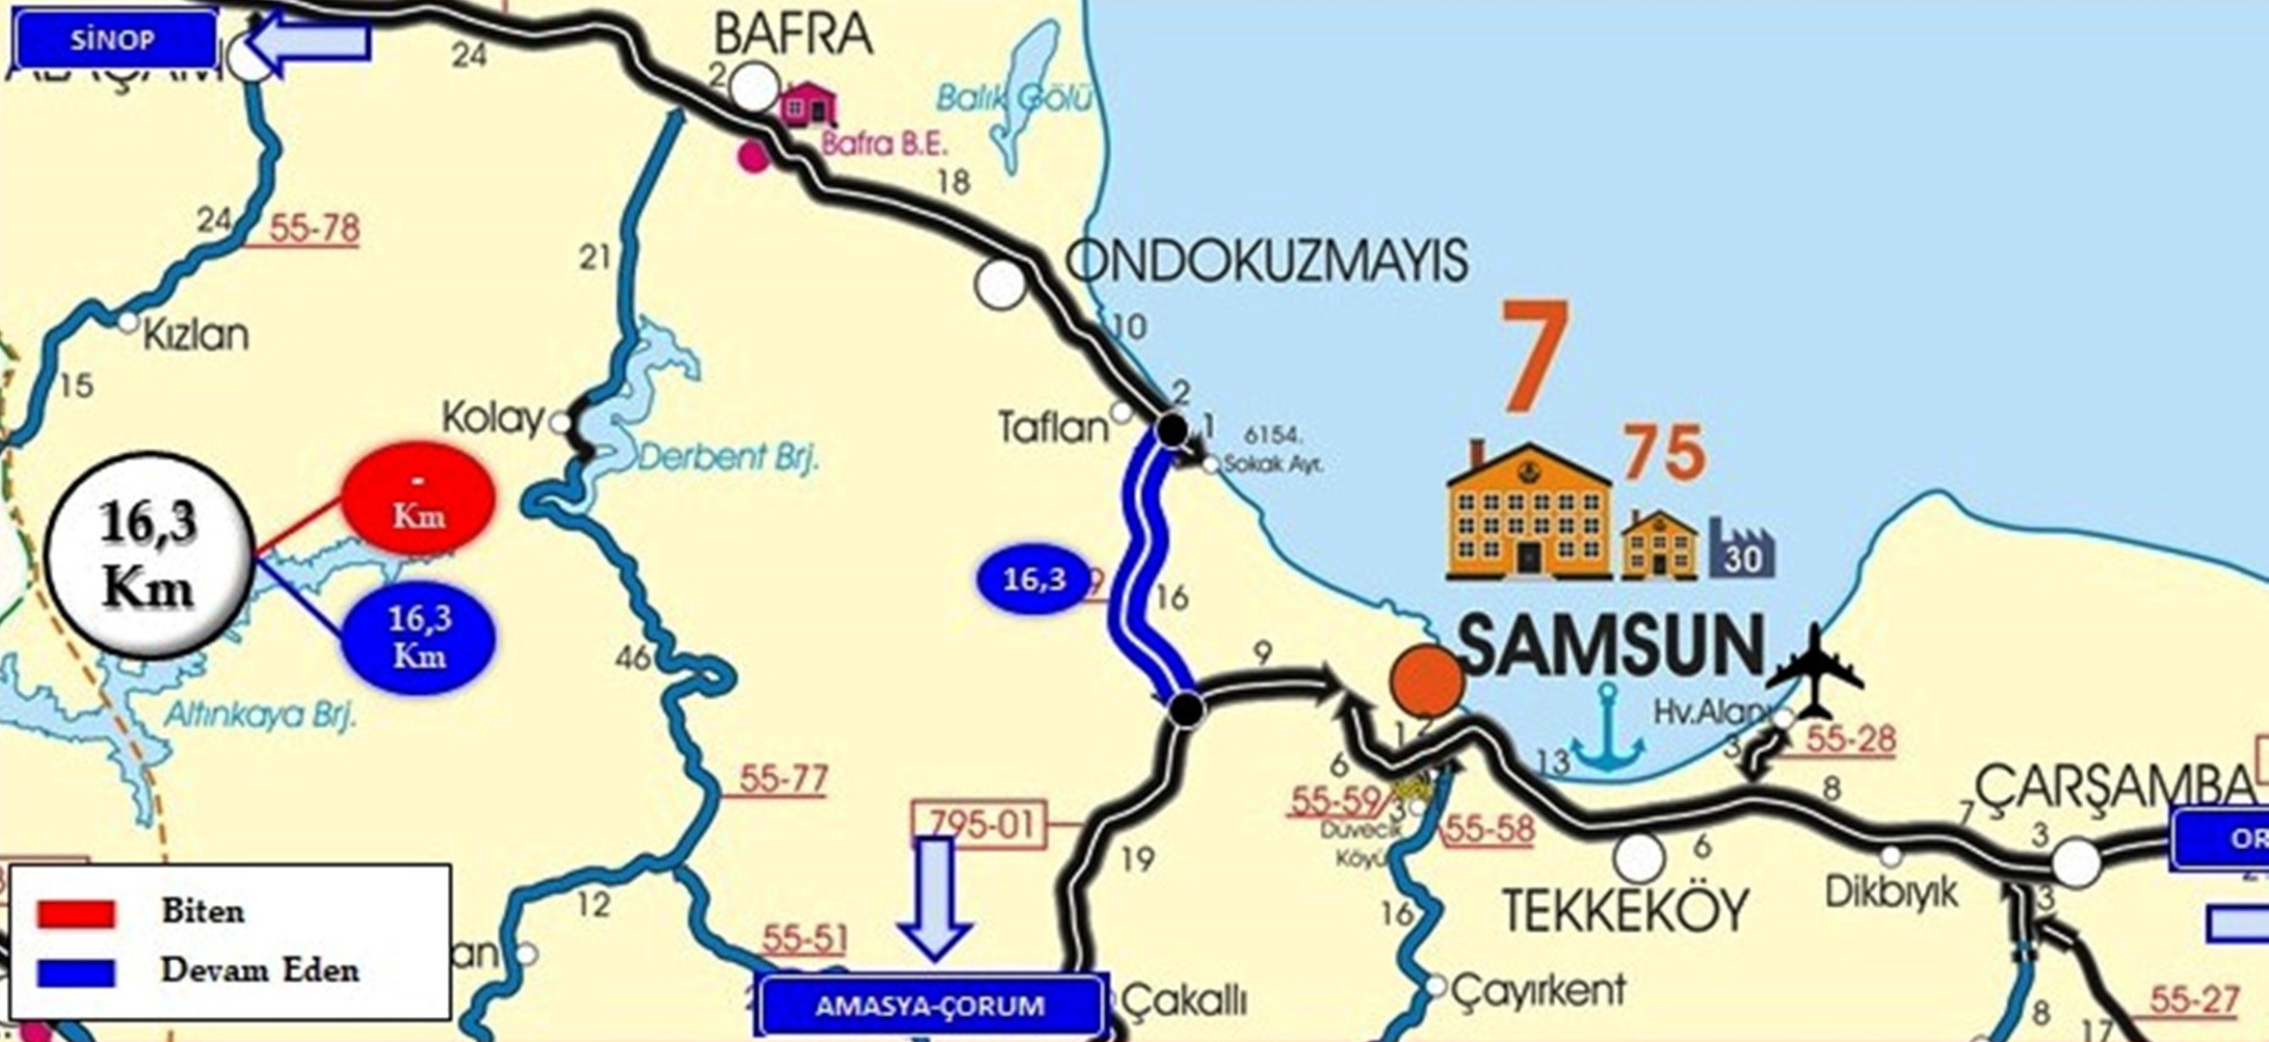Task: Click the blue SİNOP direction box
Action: point(114,40)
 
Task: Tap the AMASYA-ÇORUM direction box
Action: point(930,1005)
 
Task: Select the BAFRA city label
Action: point(793,35)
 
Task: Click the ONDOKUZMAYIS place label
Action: point(1267,260)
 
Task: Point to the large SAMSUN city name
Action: point(1612,645)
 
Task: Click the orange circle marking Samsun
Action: point(1426,681)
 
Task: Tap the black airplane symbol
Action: point(1815,673)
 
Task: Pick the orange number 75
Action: point(1665,452)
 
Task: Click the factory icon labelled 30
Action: point(1742,549)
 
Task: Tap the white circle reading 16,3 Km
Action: point(149,555)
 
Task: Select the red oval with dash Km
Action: point(418,497)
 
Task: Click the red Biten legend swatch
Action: point(76,912)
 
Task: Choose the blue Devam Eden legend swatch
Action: point(76,972)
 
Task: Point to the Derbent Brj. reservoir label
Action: point(726,456)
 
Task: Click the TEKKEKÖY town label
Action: point(1625,911)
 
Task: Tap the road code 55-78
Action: point(314,229)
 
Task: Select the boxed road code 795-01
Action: point(978,824)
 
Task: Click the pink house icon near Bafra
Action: point(807,104)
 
